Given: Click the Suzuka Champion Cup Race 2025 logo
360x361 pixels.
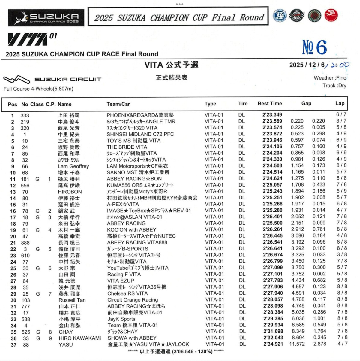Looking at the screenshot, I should [x=46, y=18].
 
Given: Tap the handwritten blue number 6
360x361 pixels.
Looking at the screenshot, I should [x=321, y=47].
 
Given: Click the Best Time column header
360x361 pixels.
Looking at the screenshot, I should [x=270, y=104].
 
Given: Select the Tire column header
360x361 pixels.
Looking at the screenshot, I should [x=243, y=104].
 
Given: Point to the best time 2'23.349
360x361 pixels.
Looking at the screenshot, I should [x=272, y=115].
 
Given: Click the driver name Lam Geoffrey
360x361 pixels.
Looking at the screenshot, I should [x=73, y=166].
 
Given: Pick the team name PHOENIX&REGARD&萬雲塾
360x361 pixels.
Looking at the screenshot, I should [x=140, y=115].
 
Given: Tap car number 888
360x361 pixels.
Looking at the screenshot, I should [x=25, y=243].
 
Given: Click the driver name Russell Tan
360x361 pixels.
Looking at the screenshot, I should [x=72, y=300].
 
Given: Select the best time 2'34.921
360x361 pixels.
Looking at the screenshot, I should [x=273, y=344].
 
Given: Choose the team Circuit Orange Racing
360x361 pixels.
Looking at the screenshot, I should [x=133, y=300].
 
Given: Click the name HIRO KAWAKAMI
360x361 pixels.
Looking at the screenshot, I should [x=80, y=338].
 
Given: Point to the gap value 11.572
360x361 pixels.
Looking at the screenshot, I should [x=297, y=344].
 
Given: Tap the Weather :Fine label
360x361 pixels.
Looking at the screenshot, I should [x=330, y=78].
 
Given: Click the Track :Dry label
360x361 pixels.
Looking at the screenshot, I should [x=334, y=86].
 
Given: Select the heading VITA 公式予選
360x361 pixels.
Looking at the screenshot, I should [x=171, y=65].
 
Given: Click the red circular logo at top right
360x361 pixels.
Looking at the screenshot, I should [x=331, y=15].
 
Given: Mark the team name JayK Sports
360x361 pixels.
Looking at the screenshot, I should [x=121, y=319].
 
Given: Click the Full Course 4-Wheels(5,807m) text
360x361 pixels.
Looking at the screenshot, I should [x=38, y=89].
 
